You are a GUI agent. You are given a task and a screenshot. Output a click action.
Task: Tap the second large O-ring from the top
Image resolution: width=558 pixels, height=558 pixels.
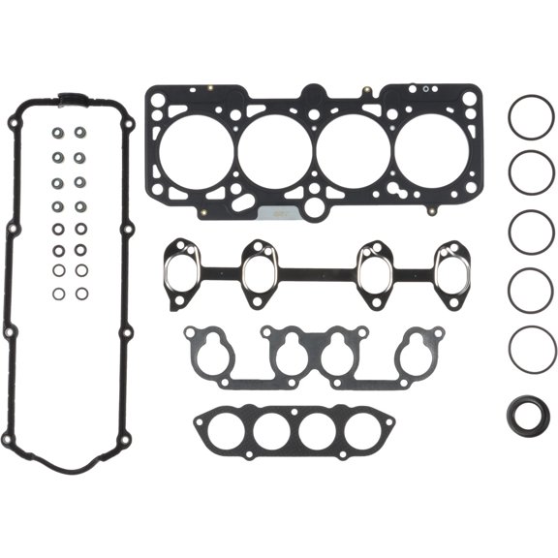click(x=531, y=172)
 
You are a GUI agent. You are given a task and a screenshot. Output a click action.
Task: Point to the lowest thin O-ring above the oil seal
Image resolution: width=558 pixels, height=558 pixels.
click(x=531, y=347)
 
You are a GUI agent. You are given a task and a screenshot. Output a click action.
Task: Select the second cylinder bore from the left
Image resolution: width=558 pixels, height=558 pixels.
click(x=275, y=148)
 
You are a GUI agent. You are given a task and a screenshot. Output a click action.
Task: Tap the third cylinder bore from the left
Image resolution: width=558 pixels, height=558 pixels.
click(x=355, y=148)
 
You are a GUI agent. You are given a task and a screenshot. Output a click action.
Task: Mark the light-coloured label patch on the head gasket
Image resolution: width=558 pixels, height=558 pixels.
click(x=278, y=212)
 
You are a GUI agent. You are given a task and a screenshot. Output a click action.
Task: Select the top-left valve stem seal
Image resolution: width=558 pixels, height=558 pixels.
click(x=59, y=134)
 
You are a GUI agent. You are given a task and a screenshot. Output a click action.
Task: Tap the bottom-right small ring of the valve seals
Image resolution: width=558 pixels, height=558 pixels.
click(x=82, y=293)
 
